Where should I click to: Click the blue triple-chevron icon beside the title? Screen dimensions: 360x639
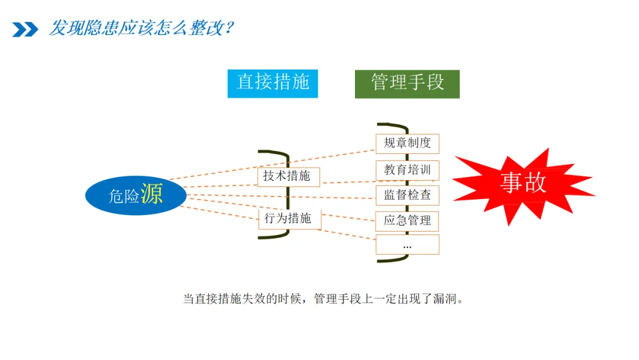25,29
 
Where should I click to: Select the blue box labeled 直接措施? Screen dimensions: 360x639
273,83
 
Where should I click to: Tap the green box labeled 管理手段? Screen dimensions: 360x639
407,83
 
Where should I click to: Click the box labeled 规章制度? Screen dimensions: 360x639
407,143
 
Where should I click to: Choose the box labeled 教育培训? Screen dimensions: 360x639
407,170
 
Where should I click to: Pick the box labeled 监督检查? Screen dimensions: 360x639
407,195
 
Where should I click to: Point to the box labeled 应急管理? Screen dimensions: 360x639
407,221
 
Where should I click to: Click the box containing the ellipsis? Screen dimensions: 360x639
407,245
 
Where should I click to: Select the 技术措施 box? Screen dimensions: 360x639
286,176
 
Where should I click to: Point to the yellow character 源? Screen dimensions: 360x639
151,194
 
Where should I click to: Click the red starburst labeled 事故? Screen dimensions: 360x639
521,184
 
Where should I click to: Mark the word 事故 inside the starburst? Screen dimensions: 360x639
523,182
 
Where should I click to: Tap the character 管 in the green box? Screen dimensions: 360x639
380,82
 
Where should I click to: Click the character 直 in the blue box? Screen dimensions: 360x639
246,82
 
